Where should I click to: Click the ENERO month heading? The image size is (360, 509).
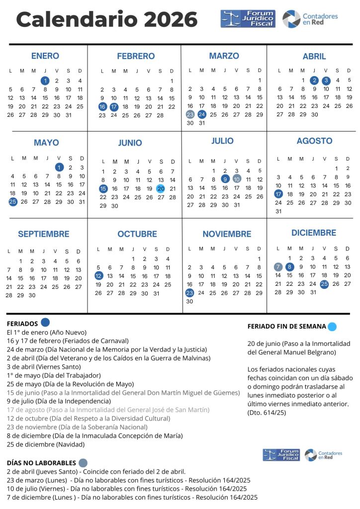[x=45, y=56]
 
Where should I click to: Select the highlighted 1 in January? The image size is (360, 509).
[x=45, y=81]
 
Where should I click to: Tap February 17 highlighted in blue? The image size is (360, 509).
[x=114, y=106]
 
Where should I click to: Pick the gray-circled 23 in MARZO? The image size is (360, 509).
[x=190, y=114]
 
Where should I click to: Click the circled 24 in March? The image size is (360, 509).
[x=201, y=114]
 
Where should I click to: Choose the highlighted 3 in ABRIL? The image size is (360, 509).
[x=326, y=80]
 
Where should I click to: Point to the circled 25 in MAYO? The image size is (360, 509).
[x=12, y=202]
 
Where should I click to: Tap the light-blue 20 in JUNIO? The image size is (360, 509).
[x=161, y=188]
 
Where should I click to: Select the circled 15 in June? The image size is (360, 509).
[x=103, y=188]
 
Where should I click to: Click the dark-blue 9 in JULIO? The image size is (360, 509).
[x=225, y=179]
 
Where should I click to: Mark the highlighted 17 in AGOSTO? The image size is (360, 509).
[x=278, y=194]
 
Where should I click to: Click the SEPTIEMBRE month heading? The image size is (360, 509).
[x=44, y=234]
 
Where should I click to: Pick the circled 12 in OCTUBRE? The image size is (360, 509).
[x=98, y=275]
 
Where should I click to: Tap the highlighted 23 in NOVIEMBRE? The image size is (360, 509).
[x=189, y=293]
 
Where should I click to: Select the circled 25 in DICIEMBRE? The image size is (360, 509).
[x=324, y=284]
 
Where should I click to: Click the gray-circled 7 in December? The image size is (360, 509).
[x=278, y=266]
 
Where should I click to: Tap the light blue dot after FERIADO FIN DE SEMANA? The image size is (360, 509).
[x=332, y=327]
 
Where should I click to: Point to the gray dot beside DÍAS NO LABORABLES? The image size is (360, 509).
[x=83, y=463]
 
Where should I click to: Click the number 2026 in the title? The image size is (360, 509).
[x=171, y=20]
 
